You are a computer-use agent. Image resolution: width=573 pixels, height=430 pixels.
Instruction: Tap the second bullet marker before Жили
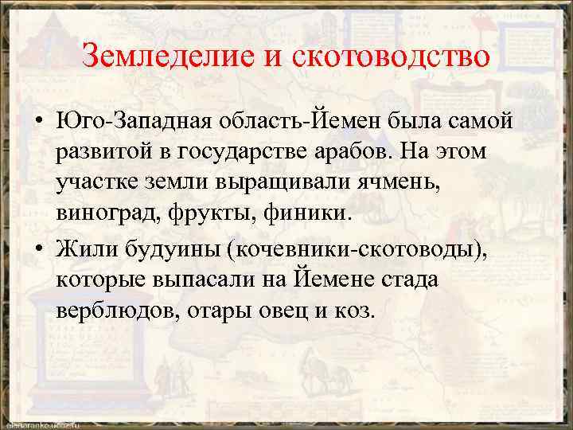click(x=38, y=248)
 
